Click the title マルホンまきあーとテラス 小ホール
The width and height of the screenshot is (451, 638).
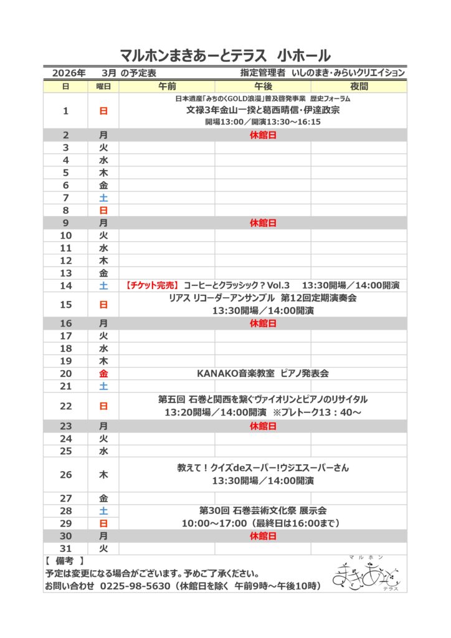(225, 55)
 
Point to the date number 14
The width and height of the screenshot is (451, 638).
(66, 285)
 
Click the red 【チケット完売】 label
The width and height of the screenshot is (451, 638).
(153, 285)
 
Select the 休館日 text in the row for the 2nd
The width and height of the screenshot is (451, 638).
(263, 135)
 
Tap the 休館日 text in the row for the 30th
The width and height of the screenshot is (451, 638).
(263, 536)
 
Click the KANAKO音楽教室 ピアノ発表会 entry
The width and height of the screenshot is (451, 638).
(263, 373)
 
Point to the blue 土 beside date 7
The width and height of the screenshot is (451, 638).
(103, 198)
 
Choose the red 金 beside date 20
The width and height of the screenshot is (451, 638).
(103, 373)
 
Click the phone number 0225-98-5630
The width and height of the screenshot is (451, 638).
(135, 586)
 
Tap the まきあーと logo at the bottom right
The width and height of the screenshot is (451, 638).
(368, 572)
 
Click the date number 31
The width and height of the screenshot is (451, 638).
(66, 548)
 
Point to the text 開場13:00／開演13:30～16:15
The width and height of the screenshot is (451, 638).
(263, 122)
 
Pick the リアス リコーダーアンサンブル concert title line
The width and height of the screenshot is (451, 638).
(263, 298)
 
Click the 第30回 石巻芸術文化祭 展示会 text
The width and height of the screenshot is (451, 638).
(263, 510)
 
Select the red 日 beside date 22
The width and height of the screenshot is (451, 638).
(103, 406)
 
